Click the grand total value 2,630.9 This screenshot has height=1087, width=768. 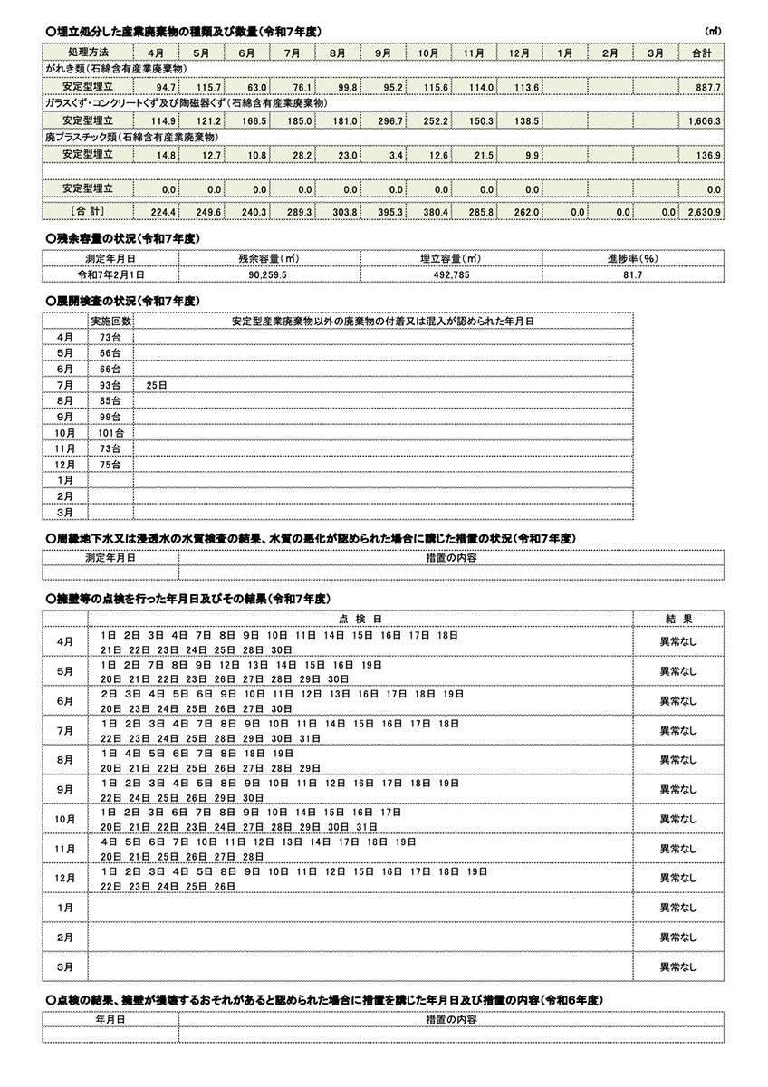tap(704, 211)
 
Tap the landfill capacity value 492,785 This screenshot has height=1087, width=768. tap(450, 273)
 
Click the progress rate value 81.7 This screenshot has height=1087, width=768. tap(632, 273)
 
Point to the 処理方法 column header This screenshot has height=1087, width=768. tap(88, 53)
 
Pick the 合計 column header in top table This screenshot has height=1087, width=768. tap(701, 53)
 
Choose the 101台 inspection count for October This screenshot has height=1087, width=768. tap(110, 433)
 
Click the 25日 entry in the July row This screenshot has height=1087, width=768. tap(156, 385)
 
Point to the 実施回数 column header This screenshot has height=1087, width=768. tap(110, 321)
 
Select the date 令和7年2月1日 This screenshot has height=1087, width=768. tap(110, 273)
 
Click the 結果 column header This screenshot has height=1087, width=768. tap(678, 618)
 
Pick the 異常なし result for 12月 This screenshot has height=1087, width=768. tap(678, 878)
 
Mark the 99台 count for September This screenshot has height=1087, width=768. tap(110, 417)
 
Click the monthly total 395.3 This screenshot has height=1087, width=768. tap(392, 211)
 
